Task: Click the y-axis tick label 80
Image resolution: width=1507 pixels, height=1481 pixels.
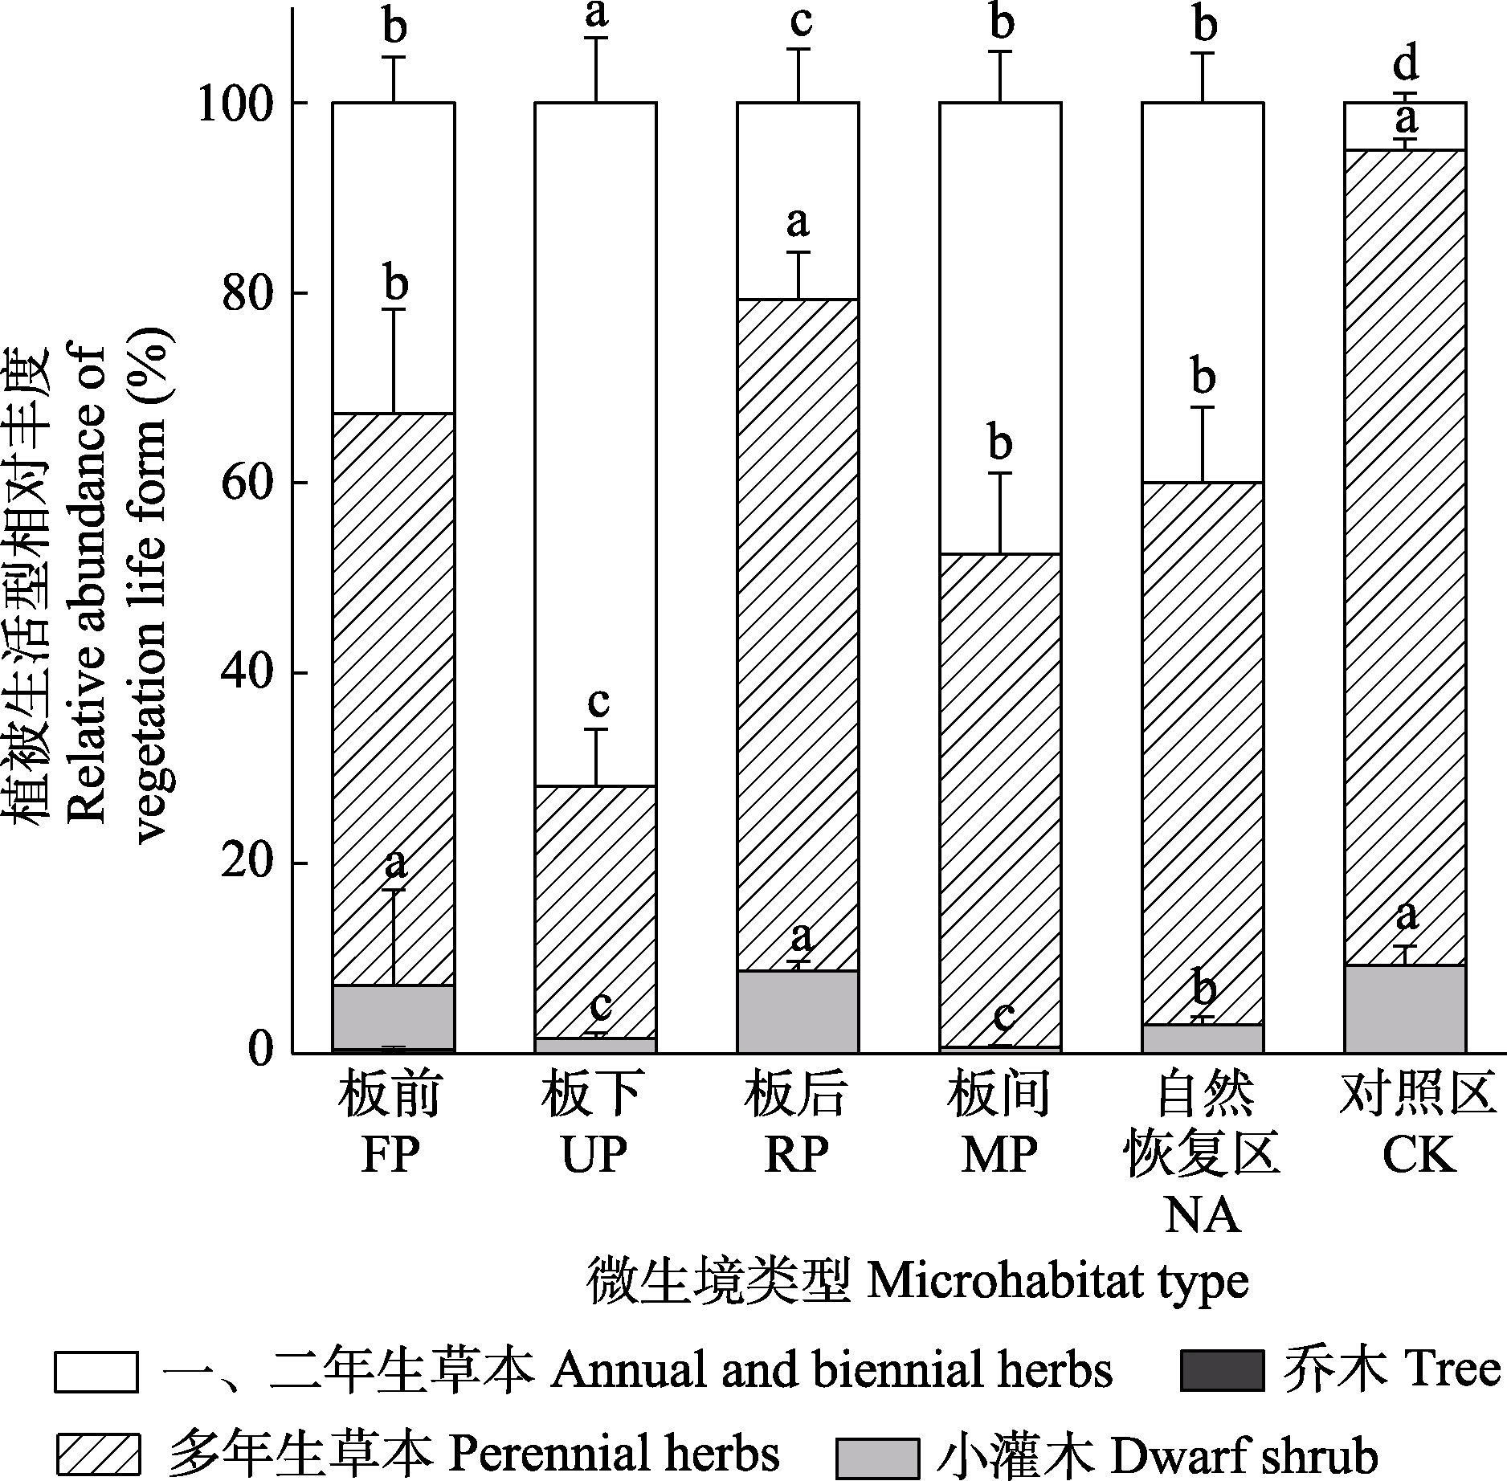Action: [x=248, y=293]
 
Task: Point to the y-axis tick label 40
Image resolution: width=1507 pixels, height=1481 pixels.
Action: [x=248, y=673]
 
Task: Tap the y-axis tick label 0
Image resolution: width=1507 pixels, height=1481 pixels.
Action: [x=261, y=1051]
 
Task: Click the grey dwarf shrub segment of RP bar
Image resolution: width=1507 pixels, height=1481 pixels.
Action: [x=798, y=1012]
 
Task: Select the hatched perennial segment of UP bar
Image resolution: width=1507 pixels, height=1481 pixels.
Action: [x=595, y=912]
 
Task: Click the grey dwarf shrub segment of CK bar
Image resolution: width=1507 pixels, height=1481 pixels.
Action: [x=1405, y=1009]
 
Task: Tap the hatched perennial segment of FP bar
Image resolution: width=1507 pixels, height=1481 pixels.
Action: [x=394, y=699]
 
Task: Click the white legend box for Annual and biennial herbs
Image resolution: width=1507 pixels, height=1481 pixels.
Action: [x=96, y=1371]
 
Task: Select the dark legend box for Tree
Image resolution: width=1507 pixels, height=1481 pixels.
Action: [x=1221, y=1371]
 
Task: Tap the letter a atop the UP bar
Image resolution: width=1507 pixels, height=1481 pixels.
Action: [x=595, y=14]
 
